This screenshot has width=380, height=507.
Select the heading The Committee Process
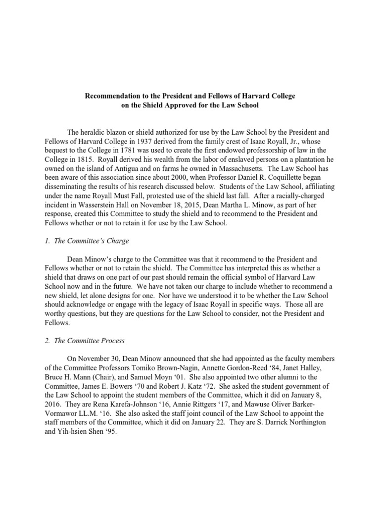[x=90, y=341]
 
